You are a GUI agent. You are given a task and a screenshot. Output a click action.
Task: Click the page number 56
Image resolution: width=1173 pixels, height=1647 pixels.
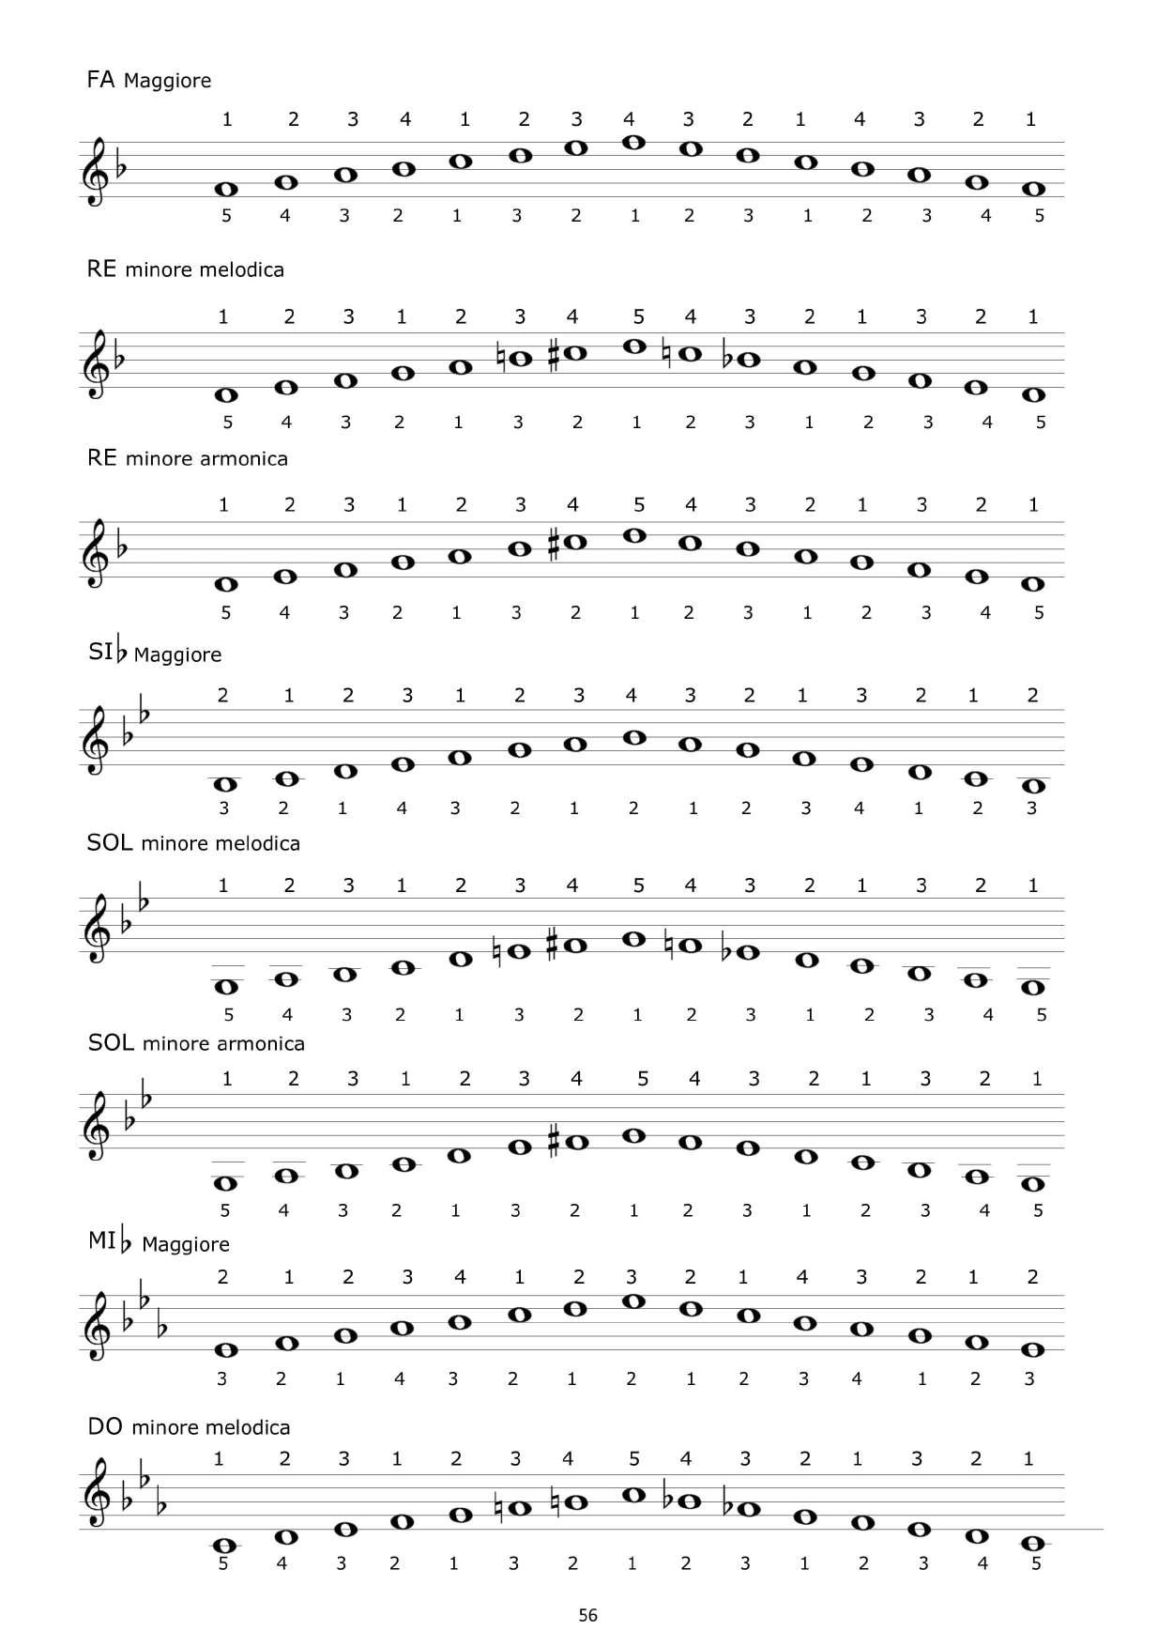pos(587,1615)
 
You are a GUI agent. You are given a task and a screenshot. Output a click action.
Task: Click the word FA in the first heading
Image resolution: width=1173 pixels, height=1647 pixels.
pos(100,80)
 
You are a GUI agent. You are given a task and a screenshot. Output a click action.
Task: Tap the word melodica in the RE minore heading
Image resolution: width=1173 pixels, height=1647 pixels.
pos(243,270)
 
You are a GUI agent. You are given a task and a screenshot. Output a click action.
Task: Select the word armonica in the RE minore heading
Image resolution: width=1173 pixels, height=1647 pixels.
pos(245,459)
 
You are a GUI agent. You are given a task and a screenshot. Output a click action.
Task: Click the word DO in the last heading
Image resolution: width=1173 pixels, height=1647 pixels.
pos(105,1427)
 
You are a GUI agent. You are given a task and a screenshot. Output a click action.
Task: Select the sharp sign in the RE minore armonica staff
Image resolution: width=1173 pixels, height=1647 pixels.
pos(554,543)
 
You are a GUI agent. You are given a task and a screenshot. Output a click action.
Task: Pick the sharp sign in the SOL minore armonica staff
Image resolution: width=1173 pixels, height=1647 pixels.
pos(554,1142)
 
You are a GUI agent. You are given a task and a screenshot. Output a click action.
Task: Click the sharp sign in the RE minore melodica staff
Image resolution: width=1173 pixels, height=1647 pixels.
pos(554,354)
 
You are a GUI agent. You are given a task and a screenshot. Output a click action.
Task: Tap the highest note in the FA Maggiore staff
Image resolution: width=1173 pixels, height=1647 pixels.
pos(633,143)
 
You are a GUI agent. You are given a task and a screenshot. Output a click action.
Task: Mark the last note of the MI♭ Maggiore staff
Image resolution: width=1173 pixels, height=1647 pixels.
pos(1033,1350)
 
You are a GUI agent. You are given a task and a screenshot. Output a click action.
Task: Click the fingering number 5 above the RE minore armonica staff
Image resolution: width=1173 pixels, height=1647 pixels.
pos(638,505)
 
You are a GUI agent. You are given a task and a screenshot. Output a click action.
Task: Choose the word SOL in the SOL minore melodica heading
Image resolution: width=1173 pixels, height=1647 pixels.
pos(110,843)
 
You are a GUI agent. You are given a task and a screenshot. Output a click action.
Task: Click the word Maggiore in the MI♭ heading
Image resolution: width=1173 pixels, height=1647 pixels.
pos(186,1245)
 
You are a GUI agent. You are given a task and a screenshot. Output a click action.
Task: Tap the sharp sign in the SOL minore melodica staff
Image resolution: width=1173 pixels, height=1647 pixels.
pos(554,945)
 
